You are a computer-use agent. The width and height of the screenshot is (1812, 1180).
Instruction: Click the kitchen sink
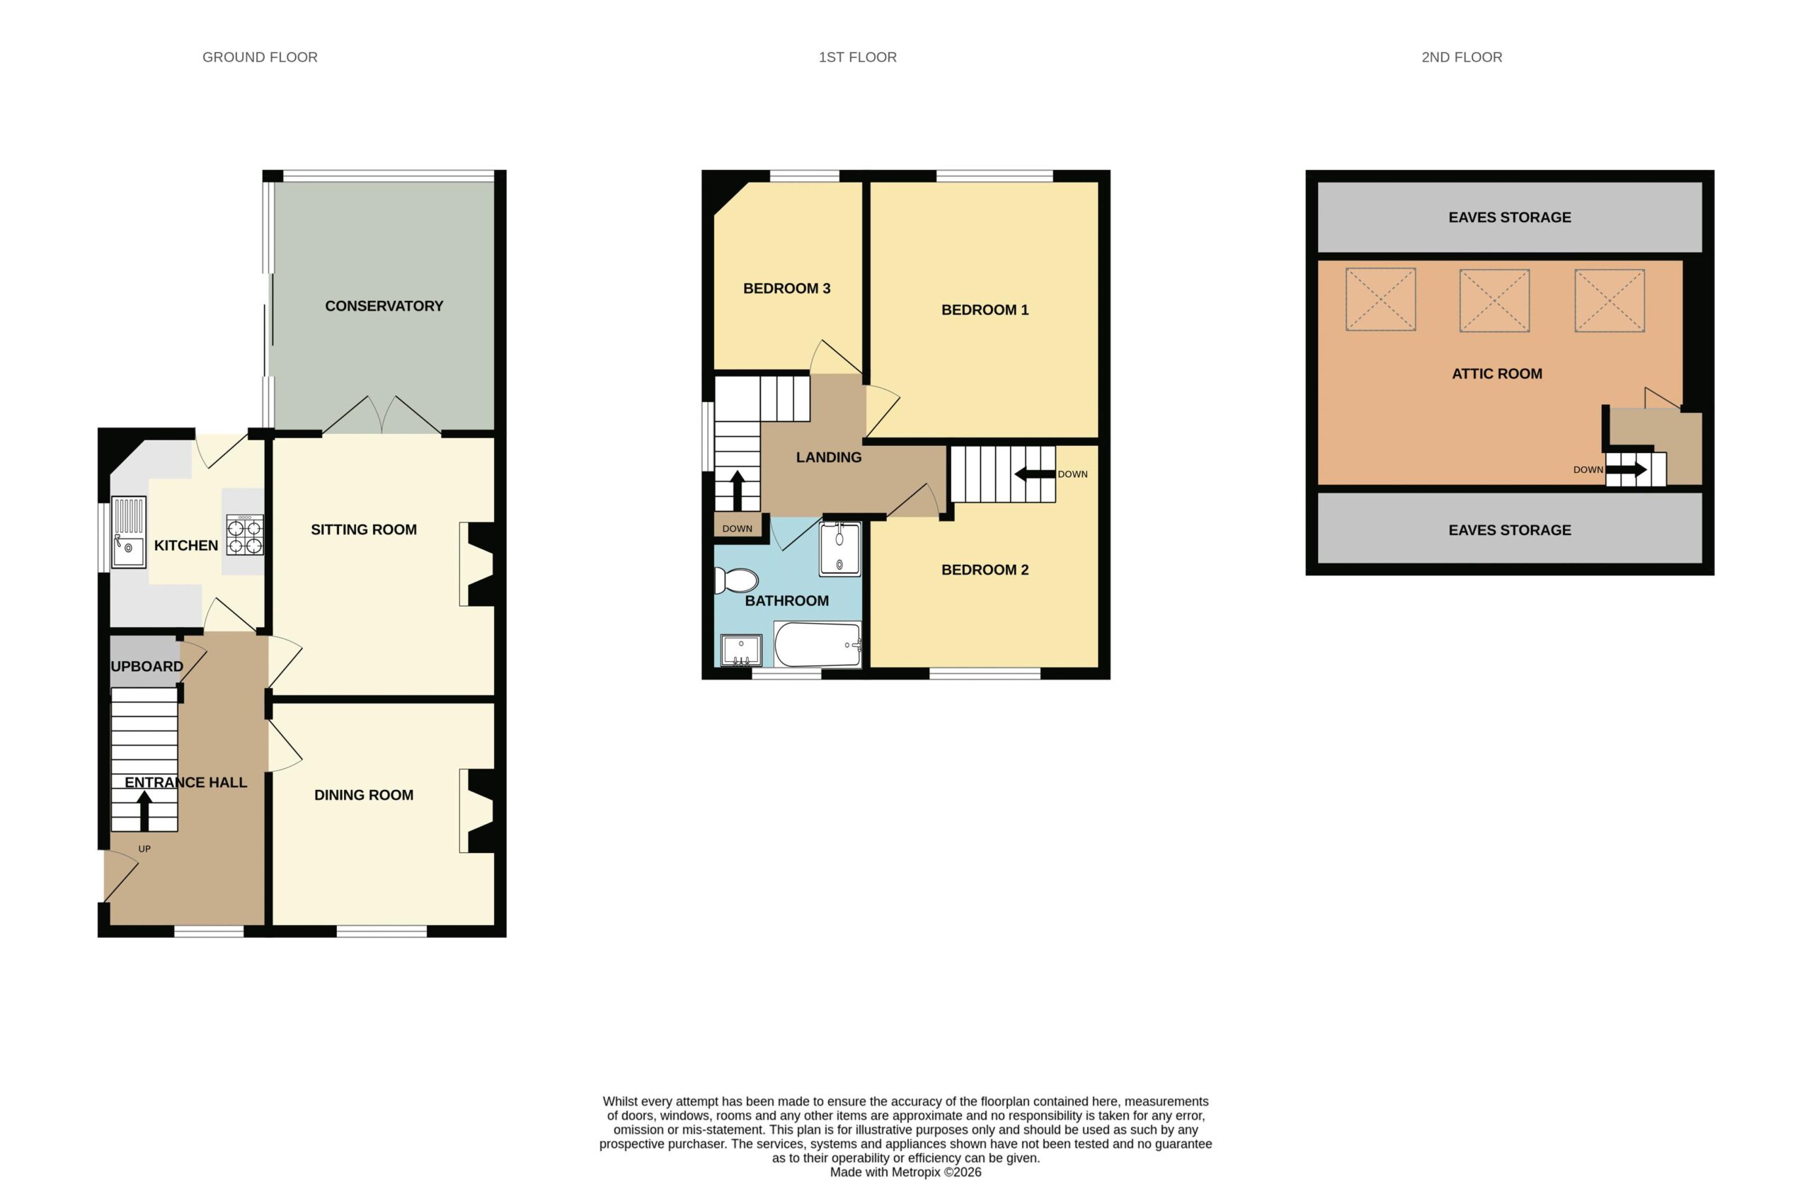[129, 532]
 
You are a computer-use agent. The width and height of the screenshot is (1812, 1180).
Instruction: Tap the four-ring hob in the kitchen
[245, 534]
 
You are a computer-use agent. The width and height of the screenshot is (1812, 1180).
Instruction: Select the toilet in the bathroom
[735, 581]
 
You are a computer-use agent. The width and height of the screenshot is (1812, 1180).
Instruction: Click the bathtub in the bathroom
[818, 645]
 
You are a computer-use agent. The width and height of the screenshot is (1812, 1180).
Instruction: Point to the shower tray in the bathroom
[839, 549]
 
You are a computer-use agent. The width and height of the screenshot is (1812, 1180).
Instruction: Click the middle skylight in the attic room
[1493, 300]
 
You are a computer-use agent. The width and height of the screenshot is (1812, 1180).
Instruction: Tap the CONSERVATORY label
[384, 306]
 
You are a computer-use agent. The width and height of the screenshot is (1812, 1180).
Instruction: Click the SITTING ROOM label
[364, 530]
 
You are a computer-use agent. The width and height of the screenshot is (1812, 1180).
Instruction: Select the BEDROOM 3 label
[786, 289]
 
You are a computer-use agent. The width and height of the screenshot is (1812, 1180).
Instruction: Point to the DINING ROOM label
[364, 795]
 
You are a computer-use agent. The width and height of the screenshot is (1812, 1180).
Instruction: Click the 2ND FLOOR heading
[1462, 57]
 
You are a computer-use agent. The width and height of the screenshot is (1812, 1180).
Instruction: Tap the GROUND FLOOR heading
[260, 57]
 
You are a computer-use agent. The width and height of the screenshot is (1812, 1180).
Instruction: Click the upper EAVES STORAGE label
[1510, 218]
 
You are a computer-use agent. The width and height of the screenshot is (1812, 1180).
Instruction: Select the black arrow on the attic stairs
[1627, 470]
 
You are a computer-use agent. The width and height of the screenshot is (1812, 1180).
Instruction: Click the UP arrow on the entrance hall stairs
[144, 810]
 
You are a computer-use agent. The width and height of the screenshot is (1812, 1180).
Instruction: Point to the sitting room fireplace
[476, 564]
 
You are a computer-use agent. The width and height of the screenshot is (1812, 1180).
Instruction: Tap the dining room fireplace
[476, 810]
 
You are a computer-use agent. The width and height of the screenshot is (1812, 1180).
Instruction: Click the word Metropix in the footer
[916, 1172]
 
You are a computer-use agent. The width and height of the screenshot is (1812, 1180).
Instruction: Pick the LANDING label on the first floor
[828, 457]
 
